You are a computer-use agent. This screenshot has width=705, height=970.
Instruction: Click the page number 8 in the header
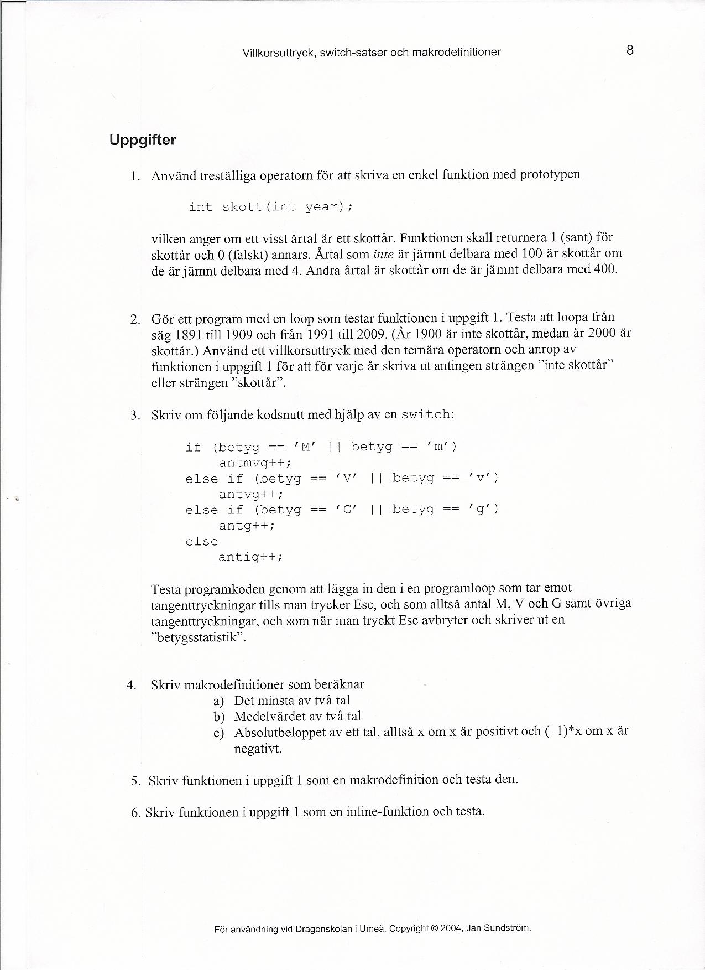pyautogui.click(x=629, y=51)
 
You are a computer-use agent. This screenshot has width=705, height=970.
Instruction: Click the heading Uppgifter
pyautogui.click(x=143, y=140)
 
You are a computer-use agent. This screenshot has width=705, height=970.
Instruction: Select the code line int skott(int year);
pyautogui.click(x=270, y=207)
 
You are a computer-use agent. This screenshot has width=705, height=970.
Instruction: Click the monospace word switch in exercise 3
pyautogui.click(x=425, y=415)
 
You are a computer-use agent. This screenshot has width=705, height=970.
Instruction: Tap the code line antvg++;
pyautogui.click(x=251, y=494)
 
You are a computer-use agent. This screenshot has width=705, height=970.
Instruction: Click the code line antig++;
pyautogui.click(x=250, y=557)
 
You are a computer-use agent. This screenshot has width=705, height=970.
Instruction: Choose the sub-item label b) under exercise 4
pyautogui.click(x=219, y=717)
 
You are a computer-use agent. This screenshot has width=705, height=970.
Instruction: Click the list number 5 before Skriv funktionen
pyautogui.click(x=135, y=781)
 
